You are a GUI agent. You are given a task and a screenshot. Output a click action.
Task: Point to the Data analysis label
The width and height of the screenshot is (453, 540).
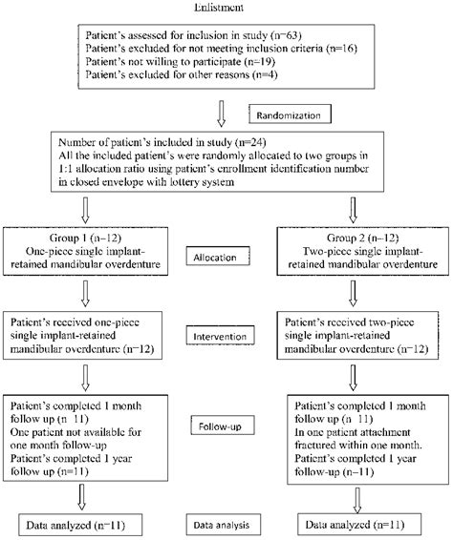pyautogui.click(x=224, y=523)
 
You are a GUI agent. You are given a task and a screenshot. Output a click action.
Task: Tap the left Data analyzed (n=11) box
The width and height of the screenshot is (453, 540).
pyautogui.click(x=75, y=523)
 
